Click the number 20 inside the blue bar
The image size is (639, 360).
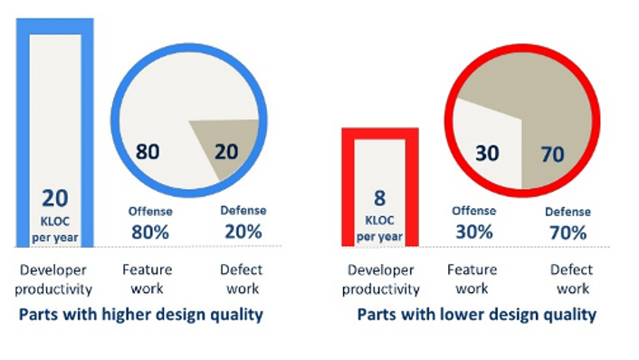click(x=54, y=197)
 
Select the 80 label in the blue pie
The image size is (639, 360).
click(x=148, y=151)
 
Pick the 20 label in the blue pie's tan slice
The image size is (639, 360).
click(x=226, y=151)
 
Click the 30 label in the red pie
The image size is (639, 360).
click(x=487, y=154)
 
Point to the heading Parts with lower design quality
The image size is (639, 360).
click(x=476, y=315)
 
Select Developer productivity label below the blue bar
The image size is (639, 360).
click(x=54, y=279)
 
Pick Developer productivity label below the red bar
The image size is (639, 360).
click(x=380, y=279)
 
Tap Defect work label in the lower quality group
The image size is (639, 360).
click(x=571, y=279)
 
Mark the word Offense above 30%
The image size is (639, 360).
click(x=474, y=212)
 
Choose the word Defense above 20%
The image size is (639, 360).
click(x=243, y=211)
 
